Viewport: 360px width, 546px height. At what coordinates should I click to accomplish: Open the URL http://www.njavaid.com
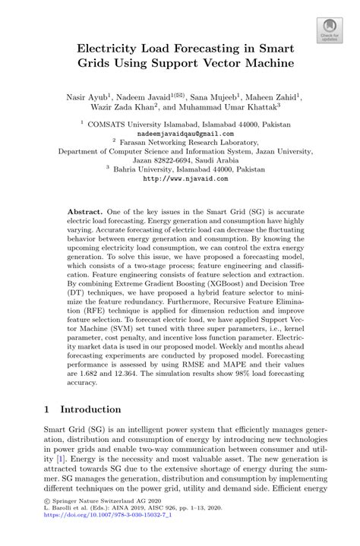tap(180, 178)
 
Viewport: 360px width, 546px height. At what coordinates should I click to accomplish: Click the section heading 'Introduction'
tap(90, 409)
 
